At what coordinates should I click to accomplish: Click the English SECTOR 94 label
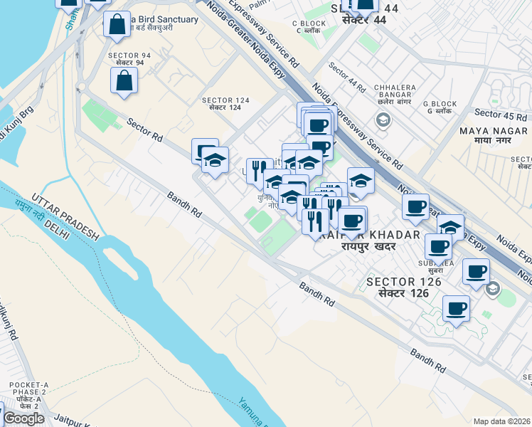point(126,56)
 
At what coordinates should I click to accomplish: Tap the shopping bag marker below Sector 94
point(124,80)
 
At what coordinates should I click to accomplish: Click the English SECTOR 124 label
point(226,100)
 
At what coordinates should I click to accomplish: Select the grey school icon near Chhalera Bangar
point(383,120)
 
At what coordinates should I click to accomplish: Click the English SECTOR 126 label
point(404,283)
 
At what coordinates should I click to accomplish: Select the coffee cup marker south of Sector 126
point(456,310)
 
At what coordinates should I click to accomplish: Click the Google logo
point(23,418)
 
